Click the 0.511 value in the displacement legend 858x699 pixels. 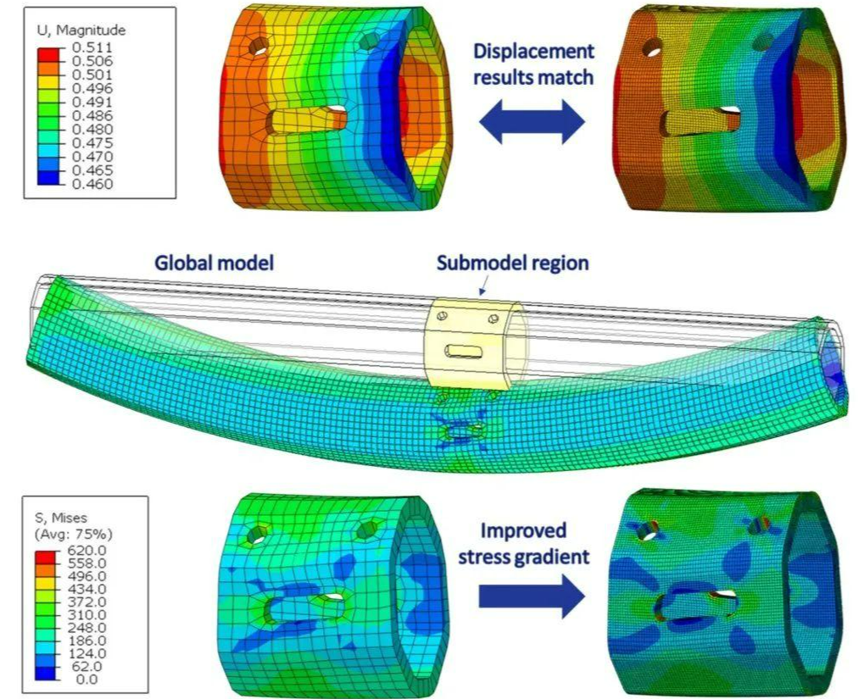(x=92, y=47)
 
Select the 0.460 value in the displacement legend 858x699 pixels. (x=92, y=184)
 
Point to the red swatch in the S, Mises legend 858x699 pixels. (x=46, y=557)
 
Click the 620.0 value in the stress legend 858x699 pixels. (x=89, y=550)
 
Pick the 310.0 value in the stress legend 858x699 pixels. (x=89, y=615)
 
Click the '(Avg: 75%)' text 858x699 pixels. (x=73, y=533)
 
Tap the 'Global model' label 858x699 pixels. (x=214, y=264)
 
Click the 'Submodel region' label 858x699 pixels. (x=513, y=264)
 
